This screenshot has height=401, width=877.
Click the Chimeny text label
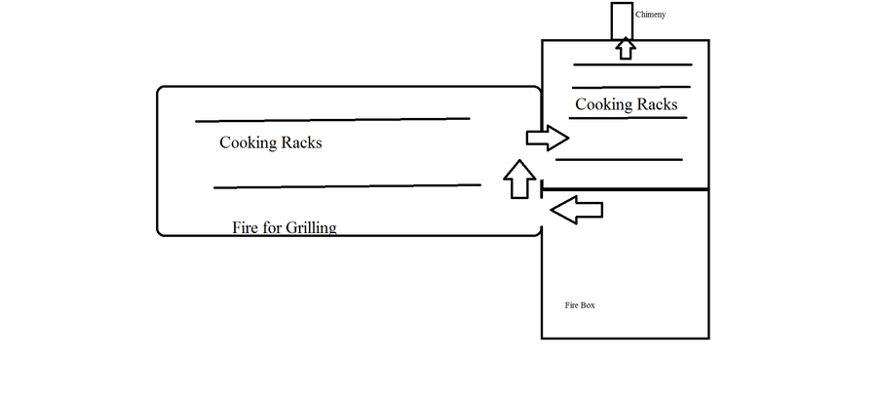[x=650, y=16]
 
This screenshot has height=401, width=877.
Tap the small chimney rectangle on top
[x=622, y=20]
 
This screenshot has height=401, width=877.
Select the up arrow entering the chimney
[x=625, y=48]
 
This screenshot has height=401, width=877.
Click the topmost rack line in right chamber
[x=632, y=65]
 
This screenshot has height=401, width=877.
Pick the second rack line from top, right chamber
[x=630, y=87]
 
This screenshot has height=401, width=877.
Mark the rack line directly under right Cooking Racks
[x=629, y=118]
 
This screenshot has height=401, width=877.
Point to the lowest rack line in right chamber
[x=619, y=159]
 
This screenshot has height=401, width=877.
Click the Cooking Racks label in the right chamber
[x=626, y=104]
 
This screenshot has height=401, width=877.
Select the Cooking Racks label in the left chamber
[x=270, y=142]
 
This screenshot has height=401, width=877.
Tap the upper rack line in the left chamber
[x=332, y=120]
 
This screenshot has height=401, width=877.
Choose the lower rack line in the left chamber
[x=347, y=185]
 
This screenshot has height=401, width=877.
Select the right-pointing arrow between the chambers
[x=547, y=138]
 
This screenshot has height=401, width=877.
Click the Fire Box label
[x=580, y=305]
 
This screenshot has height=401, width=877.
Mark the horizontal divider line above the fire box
[x=625, y=189]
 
